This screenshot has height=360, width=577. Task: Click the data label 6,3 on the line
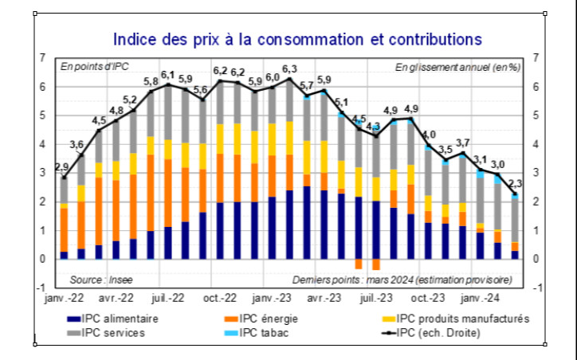tap(289, 69)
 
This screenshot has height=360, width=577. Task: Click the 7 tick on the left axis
tap(41, 58)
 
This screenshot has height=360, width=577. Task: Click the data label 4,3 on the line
tap(375, 126)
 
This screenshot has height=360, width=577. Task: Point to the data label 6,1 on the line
tap(167, 75)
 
